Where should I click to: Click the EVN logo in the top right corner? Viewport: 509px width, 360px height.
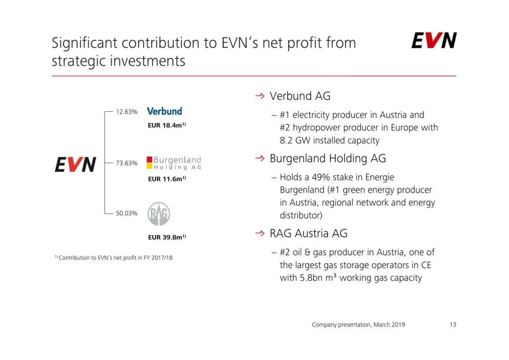[x=434, y=40]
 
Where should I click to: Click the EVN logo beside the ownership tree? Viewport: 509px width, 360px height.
[x=76, y=164]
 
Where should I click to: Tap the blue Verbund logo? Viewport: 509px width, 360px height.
[x=164, y=111]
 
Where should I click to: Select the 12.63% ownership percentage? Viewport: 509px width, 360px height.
[x=127, y=112]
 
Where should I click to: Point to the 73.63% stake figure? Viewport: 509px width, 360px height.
[x=127, y=163]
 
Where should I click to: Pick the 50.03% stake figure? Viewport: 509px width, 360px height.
[x=127, y=213]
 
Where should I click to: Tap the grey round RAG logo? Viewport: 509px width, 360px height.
[x=159, y=214]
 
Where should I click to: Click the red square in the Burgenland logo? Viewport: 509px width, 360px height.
[x=149, y=160]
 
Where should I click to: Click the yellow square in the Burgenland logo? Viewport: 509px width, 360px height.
[x=149, y=166]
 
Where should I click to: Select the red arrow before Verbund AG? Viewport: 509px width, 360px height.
[x=260, y=96]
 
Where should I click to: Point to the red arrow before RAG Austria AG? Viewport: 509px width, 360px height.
[x=260, y=233]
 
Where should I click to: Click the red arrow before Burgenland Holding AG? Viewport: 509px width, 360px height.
[x=260, y=158]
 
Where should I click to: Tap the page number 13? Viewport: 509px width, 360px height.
[x=453, y=325]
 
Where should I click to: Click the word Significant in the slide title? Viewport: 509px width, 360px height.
[x=84, y=43]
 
